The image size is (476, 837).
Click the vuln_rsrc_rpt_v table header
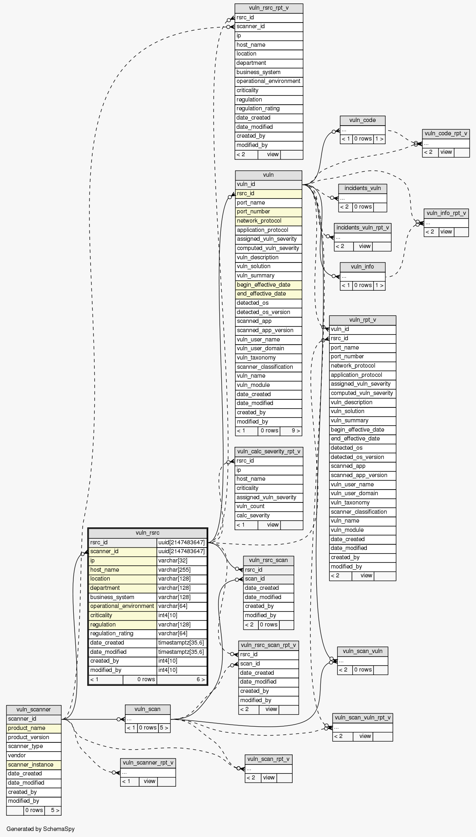coord(268,8)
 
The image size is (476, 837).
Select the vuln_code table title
coord(362,120)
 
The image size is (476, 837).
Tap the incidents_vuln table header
coord(362,188)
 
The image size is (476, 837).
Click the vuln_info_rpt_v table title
coord(446,213)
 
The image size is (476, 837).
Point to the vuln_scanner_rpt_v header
coord(148,762)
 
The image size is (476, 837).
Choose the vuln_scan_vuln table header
coord(362,651)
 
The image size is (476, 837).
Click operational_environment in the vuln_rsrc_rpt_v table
coord(268,81)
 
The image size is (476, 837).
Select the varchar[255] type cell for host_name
coord(182,570)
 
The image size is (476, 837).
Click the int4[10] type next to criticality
coord(182,615)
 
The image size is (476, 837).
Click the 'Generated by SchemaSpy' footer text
coord(40,829)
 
